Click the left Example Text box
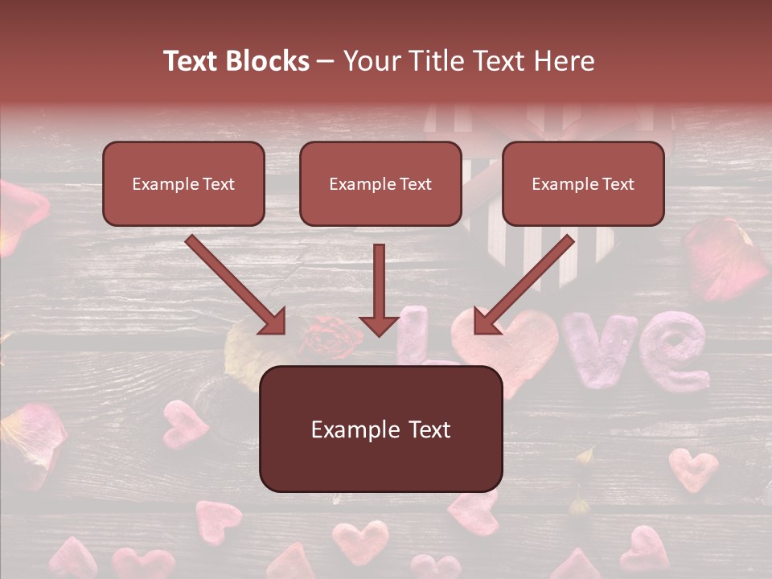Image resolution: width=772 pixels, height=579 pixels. tap(183, 183)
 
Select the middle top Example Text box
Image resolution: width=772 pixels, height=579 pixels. tap(380, 183)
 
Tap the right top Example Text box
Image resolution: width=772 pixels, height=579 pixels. tap(583, 183)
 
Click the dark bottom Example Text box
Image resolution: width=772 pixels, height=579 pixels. tap(380, 429)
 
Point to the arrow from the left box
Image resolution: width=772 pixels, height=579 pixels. tap(236, 285)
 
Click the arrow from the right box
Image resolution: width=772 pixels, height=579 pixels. tap(524, 285)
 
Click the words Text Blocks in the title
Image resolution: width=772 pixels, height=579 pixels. tap(236, 61)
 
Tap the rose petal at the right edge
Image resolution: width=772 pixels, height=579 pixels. tap(724, 257)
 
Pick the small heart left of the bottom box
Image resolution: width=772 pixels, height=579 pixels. tap(184, 422)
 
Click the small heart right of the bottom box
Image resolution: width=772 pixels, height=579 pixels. tap(693, 468)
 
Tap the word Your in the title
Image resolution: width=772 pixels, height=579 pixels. tap(373, 61)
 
